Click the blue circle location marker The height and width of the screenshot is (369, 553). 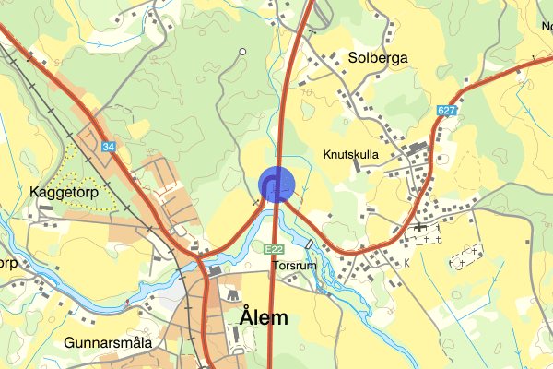[276, 184]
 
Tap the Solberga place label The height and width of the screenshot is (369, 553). [378, 58]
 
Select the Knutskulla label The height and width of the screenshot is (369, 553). [351, 155]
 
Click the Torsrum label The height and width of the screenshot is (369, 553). [294, 266]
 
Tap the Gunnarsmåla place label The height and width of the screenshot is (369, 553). [108, 343]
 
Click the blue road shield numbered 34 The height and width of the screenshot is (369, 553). [110, 147]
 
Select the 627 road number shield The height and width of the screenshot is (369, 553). [448, 111]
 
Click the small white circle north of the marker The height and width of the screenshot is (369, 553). [242, 52]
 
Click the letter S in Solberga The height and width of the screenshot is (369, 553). [354, 58]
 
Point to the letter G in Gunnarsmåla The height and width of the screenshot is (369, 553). [70, 343]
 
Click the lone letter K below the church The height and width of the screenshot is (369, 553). [406, 264]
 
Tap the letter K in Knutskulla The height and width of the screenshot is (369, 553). [328, 155]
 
